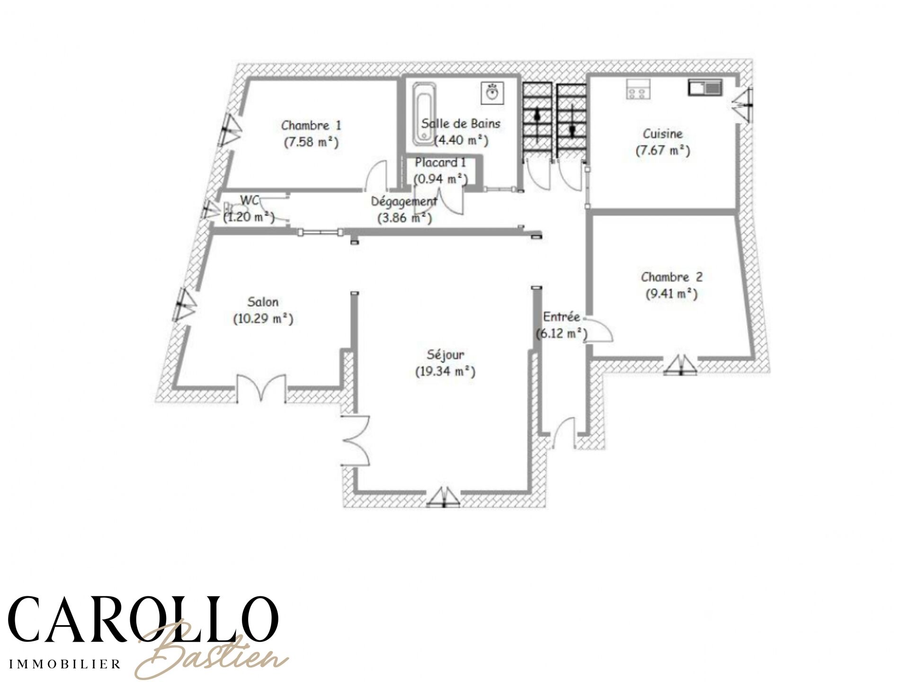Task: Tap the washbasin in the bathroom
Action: tap(493, 93)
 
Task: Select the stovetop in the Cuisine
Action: tap(638, 89)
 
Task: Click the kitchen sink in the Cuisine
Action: tap(704, 87)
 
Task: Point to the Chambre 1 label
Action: tap(311, 126)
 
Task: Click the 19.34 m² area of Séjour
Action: tap(445, 372)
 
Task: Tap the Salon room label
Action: tap(263, 302)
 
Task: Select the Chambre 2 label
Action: tap(672, 277)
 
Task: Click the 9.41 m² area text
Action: tap(672, 294)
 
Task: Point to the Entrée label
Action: tap(561, 316)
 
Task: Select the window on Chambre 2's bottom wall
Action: tap(681, 365)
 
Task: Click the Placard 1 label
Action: tap(440, 162)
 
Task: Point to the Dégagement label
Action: tap(404, 201)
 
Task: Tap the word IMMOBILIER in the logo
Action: tap(65, 664)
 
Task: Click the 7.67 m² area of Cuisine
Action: tap(662, 151)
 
